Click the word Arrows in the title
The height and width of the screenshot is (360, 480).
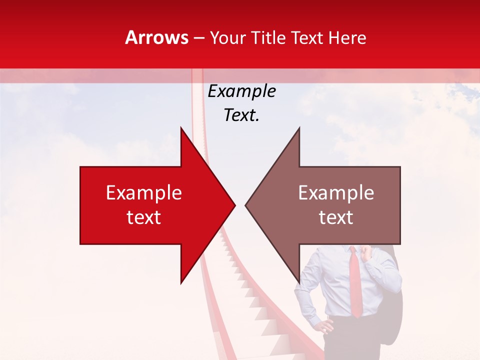156,38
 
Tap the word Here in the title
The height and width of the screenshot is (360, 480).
347,38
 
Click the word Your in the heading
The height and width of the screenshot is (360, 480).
227,38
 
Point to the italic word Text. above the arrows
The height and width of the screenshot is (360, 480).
241,115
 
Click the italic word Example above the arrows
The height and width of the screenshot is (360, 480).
241,91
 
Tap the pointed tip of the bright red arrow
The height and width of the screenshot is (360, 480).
233,204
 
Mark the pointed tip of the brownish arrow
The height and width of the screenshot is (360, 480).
247,204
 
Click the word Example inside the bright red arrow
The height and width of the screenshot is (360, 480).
144,193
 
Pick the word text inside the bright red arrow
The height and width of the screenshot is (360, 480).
144,217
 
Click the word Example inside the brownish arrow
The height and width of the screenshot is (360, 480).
336,193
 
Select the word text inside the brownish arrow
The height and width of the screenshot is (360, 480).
336,217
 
